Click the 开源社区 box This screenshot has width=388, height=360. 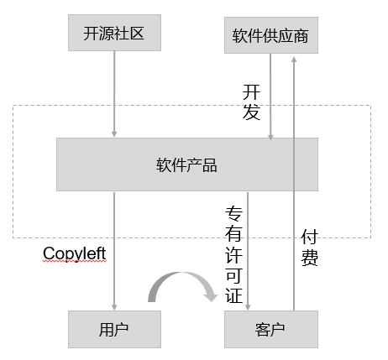tap(114, 33)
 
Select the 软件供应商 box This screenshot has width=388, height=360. tap(271, 35)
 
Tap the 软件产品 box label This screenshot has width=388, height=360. tap(186, 165)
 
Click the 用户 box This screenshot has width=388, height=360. tap(114, 329)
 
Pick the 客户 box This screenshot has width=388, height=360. tap(271, 329)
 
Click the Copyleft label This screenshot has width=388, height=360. tap(75, 253)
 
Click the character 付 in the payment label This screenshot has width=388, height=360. tap(309, 237)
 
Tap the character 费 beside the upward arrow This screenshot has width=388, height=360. tap(309, 258)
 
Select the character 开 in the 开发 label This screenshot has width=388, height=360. tap(251, 92)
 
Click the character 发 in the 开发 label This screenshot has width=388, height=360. tap(251, 112)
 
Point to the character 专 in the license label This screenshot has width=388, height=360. tap(233, 214)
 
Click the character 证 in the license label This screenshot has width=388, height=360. tap(233, 295)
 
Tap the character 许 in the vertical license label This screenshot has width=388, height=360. tap(233, 255)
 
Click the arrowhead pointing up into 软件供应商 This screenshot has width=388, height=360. tap(294, 60)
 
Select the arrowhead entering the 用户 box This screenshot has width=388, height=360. tap(114, 307)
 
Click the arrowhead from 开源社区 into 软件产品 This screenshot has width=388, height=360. tap(114, 133)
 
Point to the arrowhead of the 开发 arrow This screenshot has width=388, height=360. tap(270, 136)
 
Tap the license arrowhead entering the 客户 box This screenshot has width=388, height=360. tap(248, 307)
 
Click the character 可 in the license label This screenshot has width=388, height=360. tap(233, 275)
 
